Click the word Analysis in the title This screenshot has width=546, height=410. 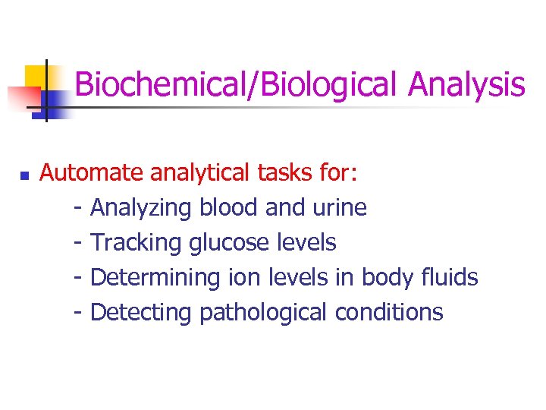(466, 84)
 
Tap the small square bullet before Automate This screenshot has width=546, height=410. (24, 175)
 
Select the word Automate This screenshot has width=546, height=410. (91, 173)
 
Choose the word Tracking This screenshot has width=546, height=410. (136, 243)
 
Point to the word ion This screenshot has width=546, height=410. (240, 277)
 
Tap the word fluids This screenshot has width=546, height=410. (449, 277)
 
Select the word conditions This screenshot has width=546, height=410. (388, 312)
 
